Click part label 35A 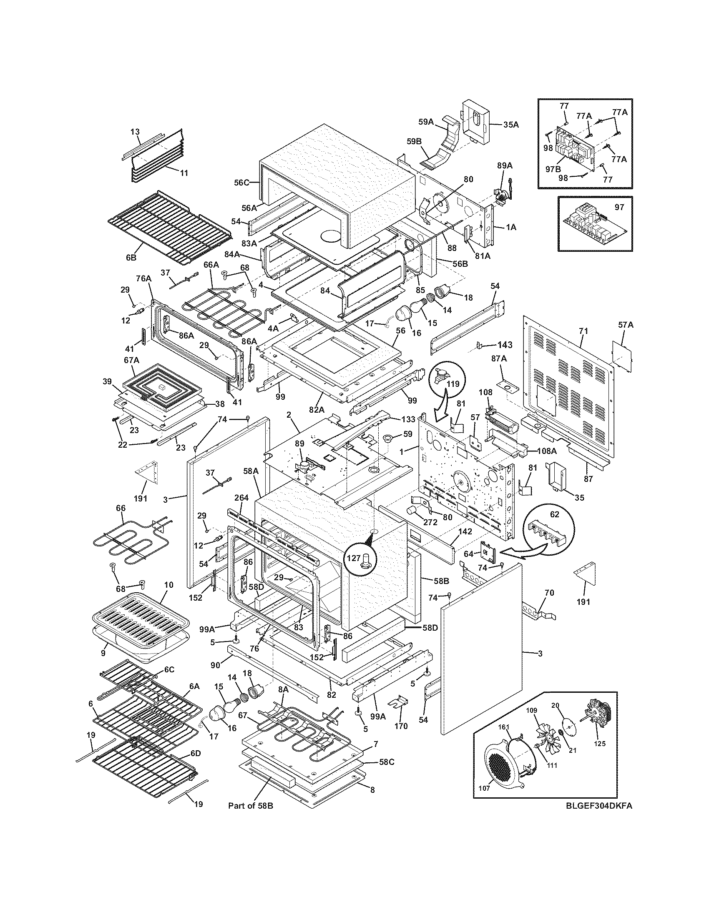click(510, 124)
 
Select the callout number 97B click(553, 169)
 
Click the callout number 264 click(241, 498)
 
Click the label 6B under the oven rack click(131, 258)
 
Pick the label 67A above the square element click(131, 360)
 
